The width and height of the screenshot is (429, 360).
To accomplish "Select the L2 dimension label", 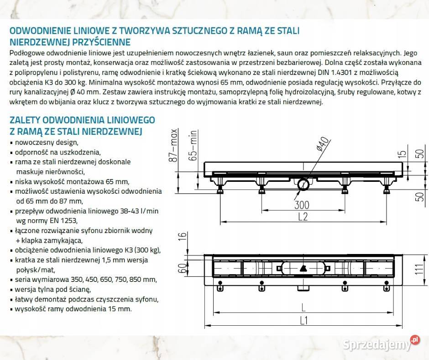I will [x=303, y=217].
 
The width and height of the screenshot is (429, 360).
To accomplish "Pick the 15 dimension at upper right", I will [x=402, y=155].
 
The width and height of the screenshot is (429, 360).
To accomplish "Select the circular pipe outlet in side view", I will [x=303, y=185].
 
